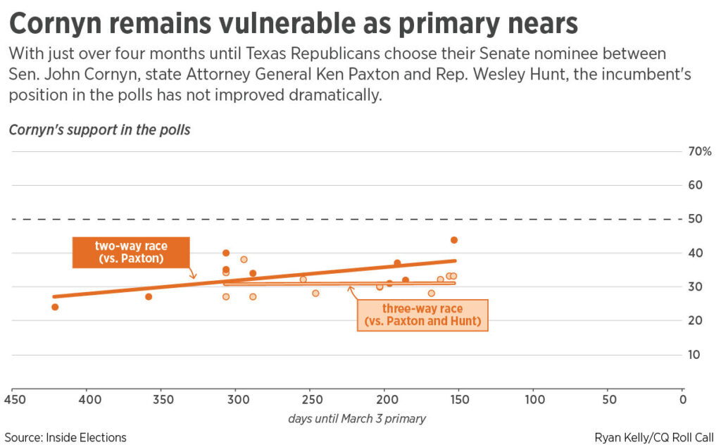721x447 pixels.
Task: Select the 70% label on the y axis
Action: [x=699, y=151]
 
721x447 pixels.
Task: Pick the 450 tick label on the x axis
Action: [x=14, y=400]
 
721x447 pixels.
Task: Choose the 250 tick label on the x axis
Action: [x=311, y=400]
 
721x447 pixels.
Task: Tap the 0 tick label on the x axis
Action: [x=682, y=400]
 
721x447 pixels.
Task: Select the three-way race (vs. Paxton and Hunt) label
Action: [x=422, y=315]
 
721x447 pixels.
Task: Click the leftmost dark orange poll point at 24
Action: [x=55, y=307]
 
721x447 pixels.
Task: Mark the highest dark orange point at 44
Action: [x=454, y=240]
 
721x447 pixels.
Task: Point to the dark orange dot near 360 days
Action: [x=149, y=296]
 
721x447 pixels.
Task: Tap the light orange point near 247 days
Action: [x=315, y=293]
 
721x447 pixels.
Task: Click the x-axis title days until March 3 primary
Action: [x=357, y=419]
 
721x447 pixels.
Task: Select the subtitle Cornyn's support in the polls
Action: [x=99, y=130]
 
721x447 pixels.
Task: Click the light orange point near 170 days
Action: [x=432, y=293]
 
